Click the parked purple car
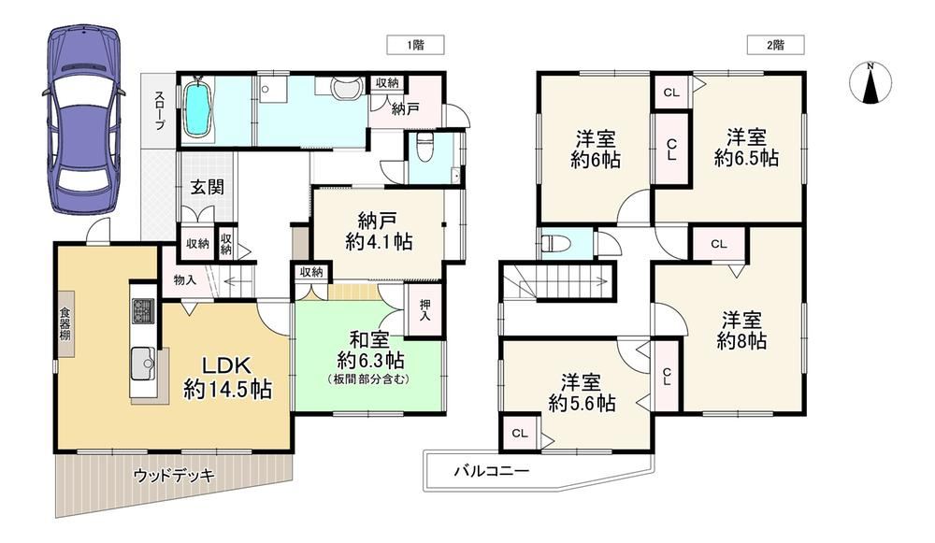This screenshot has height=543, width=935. [x=84, y=119]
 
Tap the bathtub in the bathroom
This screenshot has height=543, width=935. [x=197, y=109]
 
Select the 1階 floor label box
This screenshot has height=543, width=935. [x=416, y=45]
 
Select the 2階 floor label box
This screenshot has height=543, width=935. [x=776, y=45]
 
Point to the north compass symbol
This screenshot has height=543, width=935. [x=870, y=83]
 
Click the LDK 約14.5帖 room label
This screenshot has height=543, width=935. [x=228, y=378]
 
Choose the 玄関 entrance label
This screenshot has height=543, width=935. [x=208, y=187]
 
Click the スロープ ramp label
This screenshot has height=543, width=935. [x=159, y=110]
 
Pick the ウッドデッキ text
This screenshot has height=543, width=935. [x=174, y=476]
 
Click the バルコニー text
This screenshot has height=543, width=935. [x=492, y=471]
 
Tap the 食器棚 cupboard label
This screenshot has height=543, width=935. [x=65, y=323]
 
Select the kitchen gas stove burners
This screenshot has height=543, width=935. [x=143, y=310]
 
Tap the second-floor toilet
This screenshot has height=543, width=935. [x=555, y=244]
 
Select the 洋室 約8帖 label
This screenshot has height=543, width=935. [x=741, y=330]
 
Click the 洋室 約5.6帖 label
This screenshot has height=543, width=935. [x=582, y=393]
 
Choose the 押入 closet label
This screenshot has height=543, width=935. [x=424, y=308]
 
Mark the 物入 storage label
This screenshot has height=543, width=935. [x=184, y=279]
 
